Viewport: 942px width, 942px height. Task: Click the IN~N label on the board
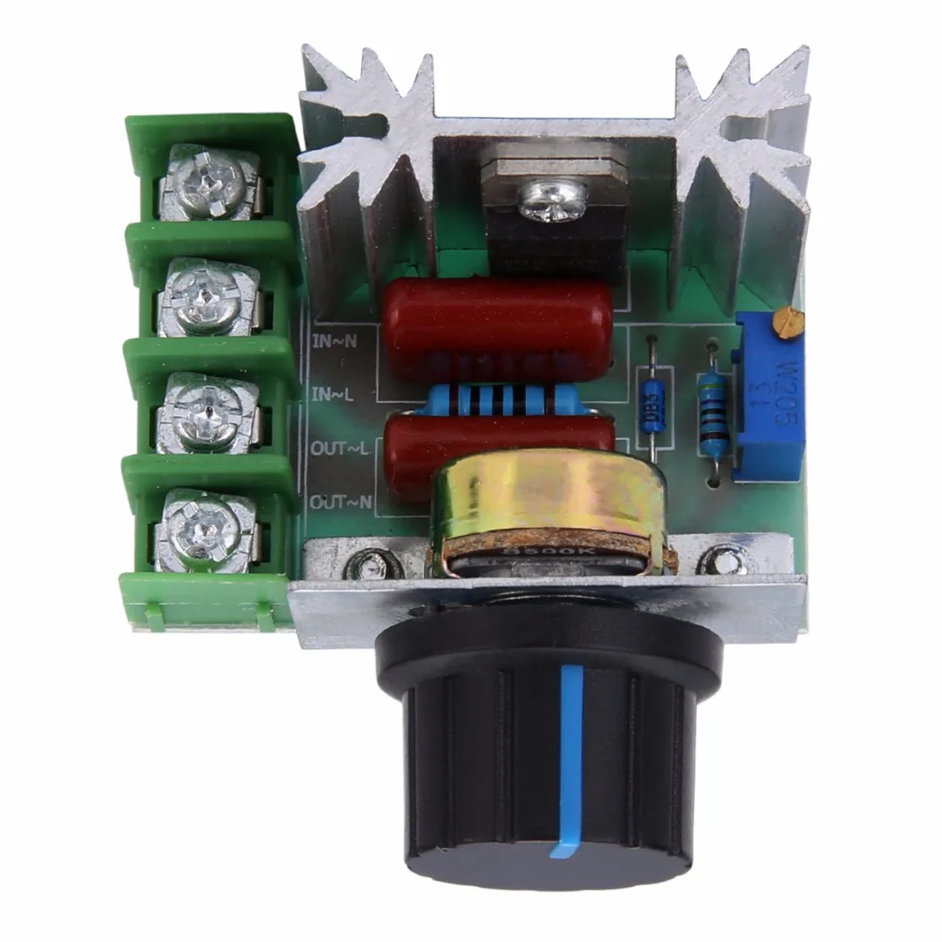(x=332, y=339)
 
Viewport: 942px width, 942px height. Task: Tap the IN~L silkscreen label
(x=332, y=393)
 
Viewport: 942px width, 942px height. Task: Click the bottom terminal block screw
(x=206, y=528)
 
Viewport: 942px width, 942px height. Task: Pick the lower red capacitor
(x=436, y=449)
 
